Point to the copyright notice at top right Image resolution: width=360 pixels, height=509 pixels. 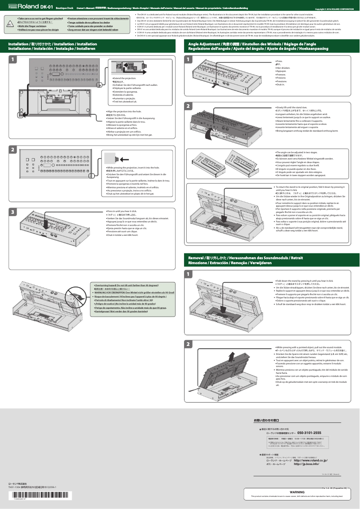(x=334, y=9)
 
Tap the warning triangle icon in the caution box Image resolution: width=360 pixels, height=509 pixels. (x=10, y=25)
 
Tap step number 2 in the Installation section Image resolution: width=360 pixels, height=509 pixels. (x=13, y=149)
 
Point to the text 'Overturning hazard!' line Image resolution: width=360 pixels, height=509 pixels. (x=108, y=285)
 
